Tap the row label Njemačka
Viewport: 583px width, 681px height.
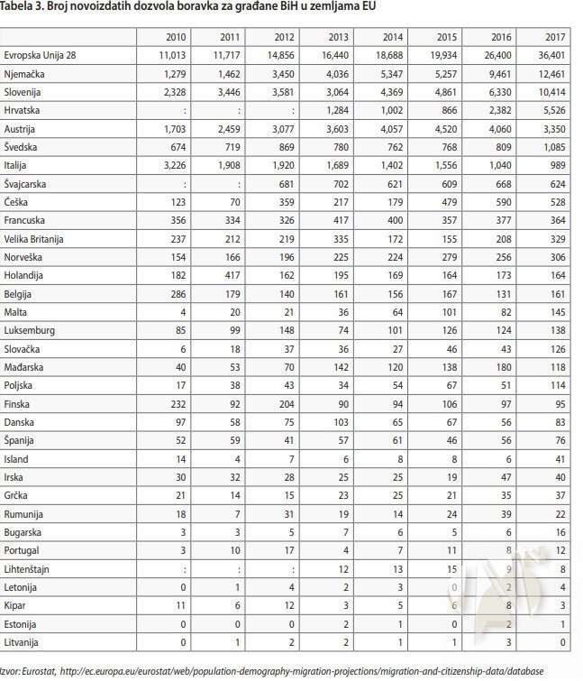tap(26, 74)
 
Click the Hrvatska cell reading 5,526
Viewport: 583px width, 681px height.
tap(552, 110)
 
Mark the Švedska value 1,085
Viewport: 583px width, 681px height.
tap(552, 147)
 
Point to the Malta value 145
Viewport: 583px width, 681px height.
tap(558, 312)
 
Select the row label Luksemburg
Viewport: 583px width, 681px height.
tap(29, 331)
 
